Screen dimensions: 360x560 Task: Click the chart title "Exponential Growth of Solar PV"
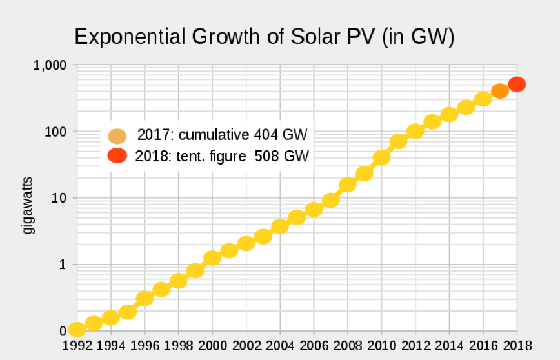(x=265, y=37)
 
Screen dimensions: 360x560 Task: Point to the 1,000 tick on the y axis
(x=50, y=65)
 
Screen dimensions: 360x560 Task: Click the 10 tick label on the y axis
(x=57, y=198)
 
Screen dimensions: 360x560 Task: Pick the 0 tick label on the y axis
(x=63, y=331)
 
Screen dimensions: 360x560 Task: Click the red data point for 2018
(x=517, y=85)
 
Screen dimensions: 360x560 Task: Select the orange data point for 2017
(x=500, y=91)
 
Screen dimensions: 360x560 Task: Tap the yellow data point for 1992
(x=77, y=330)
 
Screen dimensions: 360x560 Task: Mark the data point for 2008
(x=348, y=185)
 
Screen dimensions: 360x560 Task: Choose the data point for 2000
(x=212, y=258)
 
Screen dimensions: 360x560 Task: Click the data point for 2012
(x=415, y=131)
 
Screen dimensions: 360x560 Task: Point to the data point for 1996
(x=145, y=298)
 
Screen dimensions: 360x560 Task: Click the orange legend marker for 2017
(x=117, y=136)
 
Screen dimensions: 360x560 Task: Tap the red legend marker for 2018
(x=117, y=155)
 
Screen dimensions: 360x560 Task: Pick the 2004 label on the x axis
(x=280, y=345)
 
